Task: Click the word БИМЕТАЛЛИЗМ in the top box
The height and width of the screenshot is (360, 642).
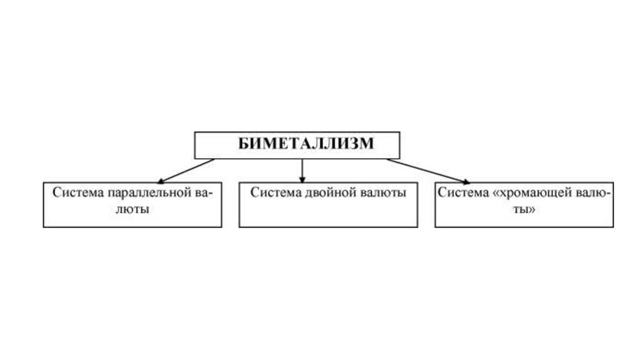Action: point(297,144)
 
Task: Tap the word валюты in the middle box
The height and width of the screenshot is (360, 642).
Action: point(383,193)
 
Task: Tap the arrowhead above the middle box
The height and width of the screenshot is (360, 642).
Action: point(302,179)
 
